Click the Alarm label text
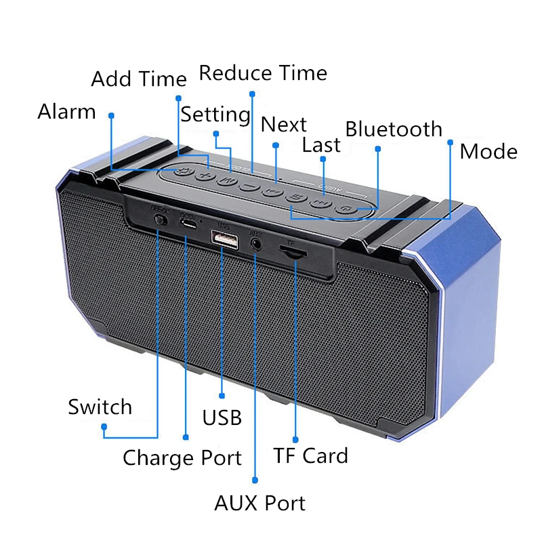66,111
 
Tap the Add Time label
138,79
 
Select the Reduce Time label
263,73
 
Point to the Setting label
215,115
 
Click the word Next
284,125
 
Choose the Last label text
322,144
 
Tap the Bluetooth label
394,129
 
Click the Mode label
488,152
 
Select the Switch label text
100,407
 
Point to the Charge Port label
182,458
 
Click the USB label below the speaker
222,417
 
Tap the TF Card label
310,455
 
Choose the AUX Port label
259,504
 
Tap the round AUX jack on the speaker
256,241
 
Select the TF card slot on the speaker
293,252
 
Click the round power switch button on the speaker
161,220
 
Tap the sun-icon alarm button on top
180,172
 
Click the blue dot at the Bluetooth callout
377,148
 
